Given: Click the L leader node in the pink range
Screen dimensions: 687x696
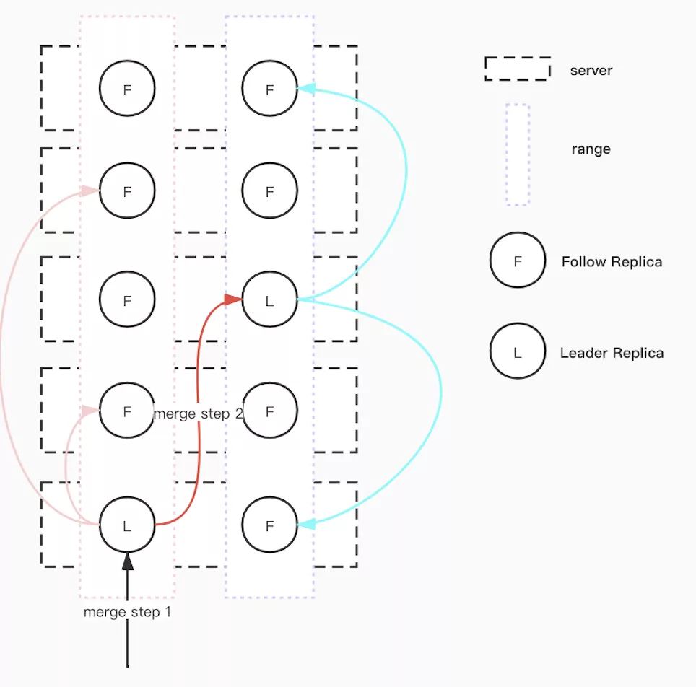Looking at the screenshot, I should point(127,525).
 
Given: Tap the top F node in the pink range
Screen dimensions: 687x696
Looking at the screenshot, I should point(127,89).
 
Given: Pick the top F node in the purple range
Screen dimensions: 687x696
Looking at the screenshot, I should point(270,89).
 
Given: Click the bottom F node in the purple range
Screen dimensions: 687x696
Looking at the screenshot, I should point(270,525).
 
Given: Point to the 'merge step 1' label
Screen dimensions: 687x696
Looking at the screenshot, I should point(127,612).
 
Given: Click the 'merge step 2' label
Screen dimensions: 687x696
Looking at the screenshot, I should point(198,413).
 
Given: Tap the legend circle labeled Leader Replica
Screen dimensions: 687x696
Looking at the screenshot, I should point(518,351).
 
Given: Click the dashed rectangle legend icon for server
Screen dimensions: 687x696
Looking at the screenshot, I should point(517,69).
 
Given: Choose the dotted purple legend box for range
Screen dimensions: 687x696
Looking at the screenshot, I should point(517,154).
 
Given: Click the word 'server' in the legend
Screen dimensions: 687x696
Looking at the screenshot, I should point(591,71).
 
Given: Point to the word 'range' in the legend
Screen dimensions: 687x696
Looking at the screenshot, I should point(591,149).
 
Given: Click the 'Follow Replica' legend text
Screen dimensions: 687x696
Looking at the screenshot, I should point(612,262).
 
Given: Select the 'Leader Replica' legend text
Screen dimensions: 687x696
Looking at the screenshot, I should point(612,353).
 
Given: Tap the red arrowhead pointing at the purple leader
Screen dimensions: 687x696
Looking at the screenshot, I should point(233,299).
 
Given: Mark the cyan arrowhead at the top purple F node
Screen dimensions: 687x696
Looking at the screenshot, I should point(306,89).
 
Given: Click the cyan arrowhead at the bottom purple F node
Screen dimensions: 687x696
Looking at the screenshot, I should point(306,525).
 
